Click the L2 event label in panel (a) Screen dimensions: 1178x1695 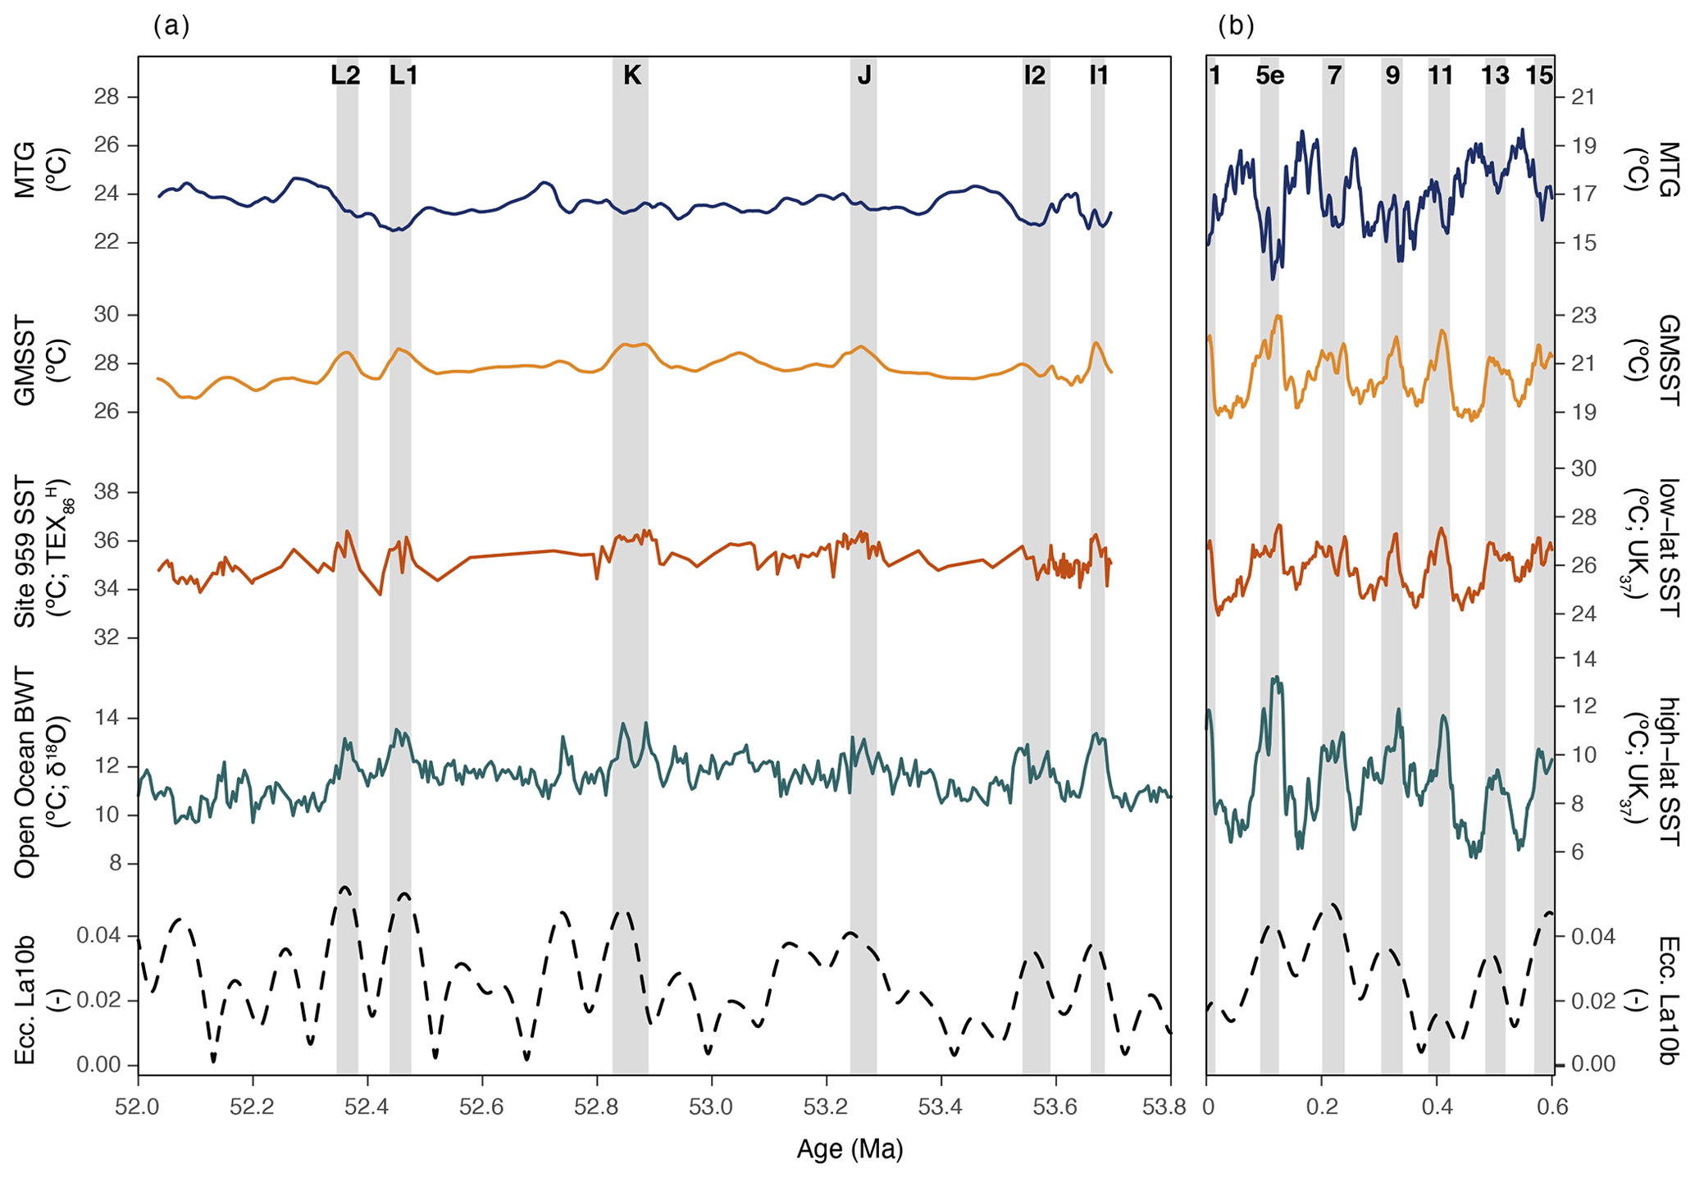pyautogui.click(x=345, y=75)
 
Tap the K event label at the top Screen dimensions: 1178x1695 pyautogui.click(x=631, y=75)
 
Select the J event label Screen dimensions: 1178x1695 pyautogui.click(x=863, y=75)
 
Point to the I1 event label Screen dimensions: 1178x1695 pyautogui.click(x=1098, y=75)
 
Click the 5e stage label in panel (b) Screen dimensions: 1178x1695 pyautogui.click(x=1269, y=75)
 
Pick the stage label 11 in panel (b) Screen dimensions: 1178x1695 pyautogui.click(x=1440, y=75)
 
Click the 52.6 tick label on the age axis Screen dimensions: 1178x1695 pyautogui.click(x=482, y=1107)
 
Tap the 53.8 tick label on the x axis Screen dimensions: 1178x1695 pyautogui.click(x=1170, y=1107)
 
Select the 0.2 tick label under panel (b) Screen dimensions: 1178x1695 pyautogui.click(x=1322, y=1107)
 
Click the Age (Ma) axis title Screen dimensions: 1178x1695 pyautogui.click(x=850, y=1149)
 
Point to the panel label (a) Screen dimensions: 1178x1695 pyautogui.click(x=171, y=26)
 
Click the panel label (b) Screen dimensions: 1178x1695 pyautogui.click(x=1236, y=26)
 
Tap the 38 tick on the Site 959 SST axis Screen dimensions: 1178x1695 pyautogui.click(x=107, y=492)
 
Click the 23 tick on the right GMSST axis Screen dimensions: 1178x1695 pyautogui.click(x=1583, y=315)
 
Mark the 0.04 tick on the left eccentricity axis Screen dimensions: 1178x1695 pyautogui.click(x=98, y=936)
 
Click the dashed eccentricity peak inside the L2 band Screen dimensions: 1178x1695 pyautogui.click(x=344, y=888)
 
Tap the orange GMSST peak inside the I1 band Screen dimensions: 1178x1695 pyautogui.click(x=1096, y=343)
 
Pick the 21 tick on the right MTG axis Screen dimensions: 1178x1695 pyautogui.click(x=1583, y=98)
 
